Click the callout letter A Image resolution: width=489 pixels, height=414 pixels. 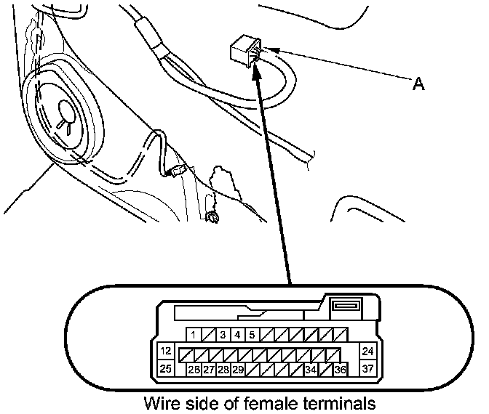(x=418, y=84)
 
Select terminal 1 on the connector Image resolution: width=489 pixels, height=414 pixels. (x=194, y=336)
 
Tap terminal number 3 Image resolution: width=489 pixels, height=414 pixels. (x=223, y=336)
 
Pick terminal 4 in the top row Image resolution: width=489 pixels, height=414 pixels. (x=236, y=336)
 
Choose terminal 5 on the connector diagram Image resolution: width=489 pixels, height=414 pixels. (x=251, y=336)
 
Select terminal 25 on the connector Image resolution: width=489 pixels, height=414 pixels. (x=165, y=369)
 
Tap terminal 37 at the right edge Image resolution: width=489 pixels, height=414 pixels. (x=367, y=369)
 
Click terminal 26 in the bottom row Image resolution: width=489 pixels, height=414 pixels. (x=194, y=370)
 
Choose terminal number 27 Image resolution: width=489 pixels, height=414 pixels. (x=209, y=370)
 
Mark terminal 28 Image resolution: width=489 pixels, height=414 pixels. (x=223, y=370)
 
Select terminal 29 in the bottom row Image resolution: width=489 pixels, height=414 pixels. (x=238, y=370)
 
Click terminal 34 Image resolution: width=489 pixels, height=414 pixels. (x=311, y=370)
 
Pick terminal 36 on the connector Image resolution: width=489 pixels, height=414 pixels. (x=340, y=370)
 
